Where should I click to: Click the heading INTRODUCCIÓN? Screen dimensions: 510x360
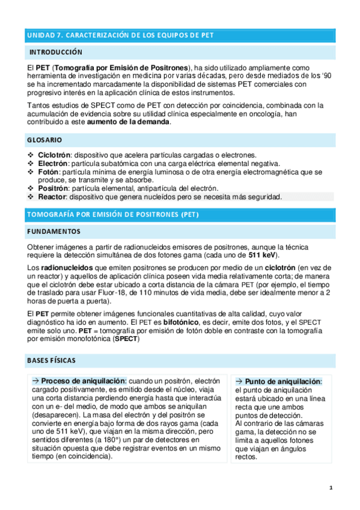[56, 52]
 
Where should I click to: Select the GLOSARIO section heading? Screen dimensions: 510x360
[44, 140]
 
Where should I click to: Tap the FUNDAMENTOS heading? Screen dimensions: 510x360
[52, 232]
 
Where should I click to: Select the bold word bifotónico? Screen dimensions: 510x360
[185, 322]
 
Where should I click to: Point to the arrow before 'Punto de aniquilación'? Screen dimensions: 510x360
[239, 381]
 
